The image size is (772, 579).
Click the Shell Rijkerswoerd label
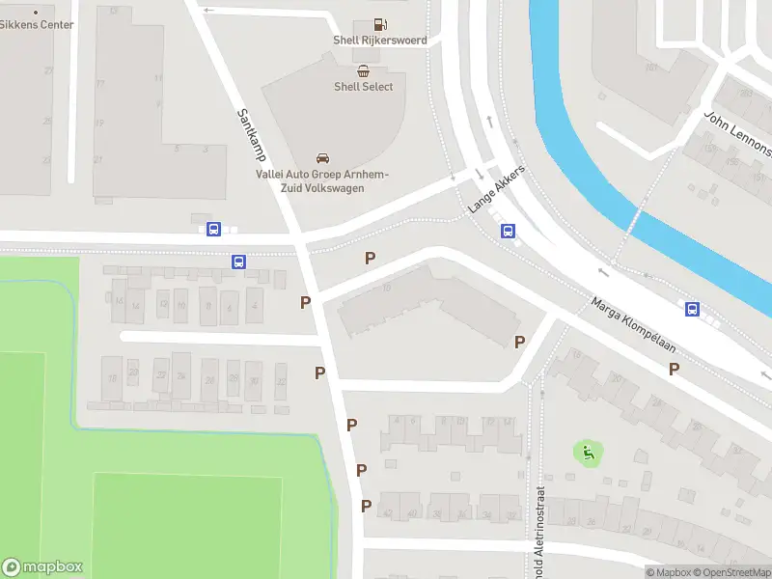pos(379,41)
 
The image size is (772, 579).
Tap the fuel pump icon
pos(381,24)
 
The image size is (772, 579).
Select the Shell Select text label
pos(364,86)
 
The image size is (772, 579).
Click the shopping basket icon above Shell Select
pos(363,69)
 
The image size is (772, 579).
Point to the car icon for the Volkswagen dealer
pos(322,158)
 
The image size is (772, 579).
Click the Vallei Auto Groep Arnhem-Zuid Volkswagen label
pos(322,180)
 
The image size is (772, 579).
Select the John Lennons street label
pos(738,133)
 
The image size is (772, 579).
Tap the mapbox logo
pos(42,567)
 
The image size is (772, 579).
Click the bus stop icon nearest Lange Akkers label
pos(508,231)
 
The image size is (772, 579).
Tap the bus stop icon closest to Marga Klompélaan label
pos(693,309)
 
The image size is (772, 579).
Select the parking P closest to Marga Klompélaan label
pos(675,369)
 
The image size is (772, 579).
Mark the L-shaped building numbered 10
pos(425,304)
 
